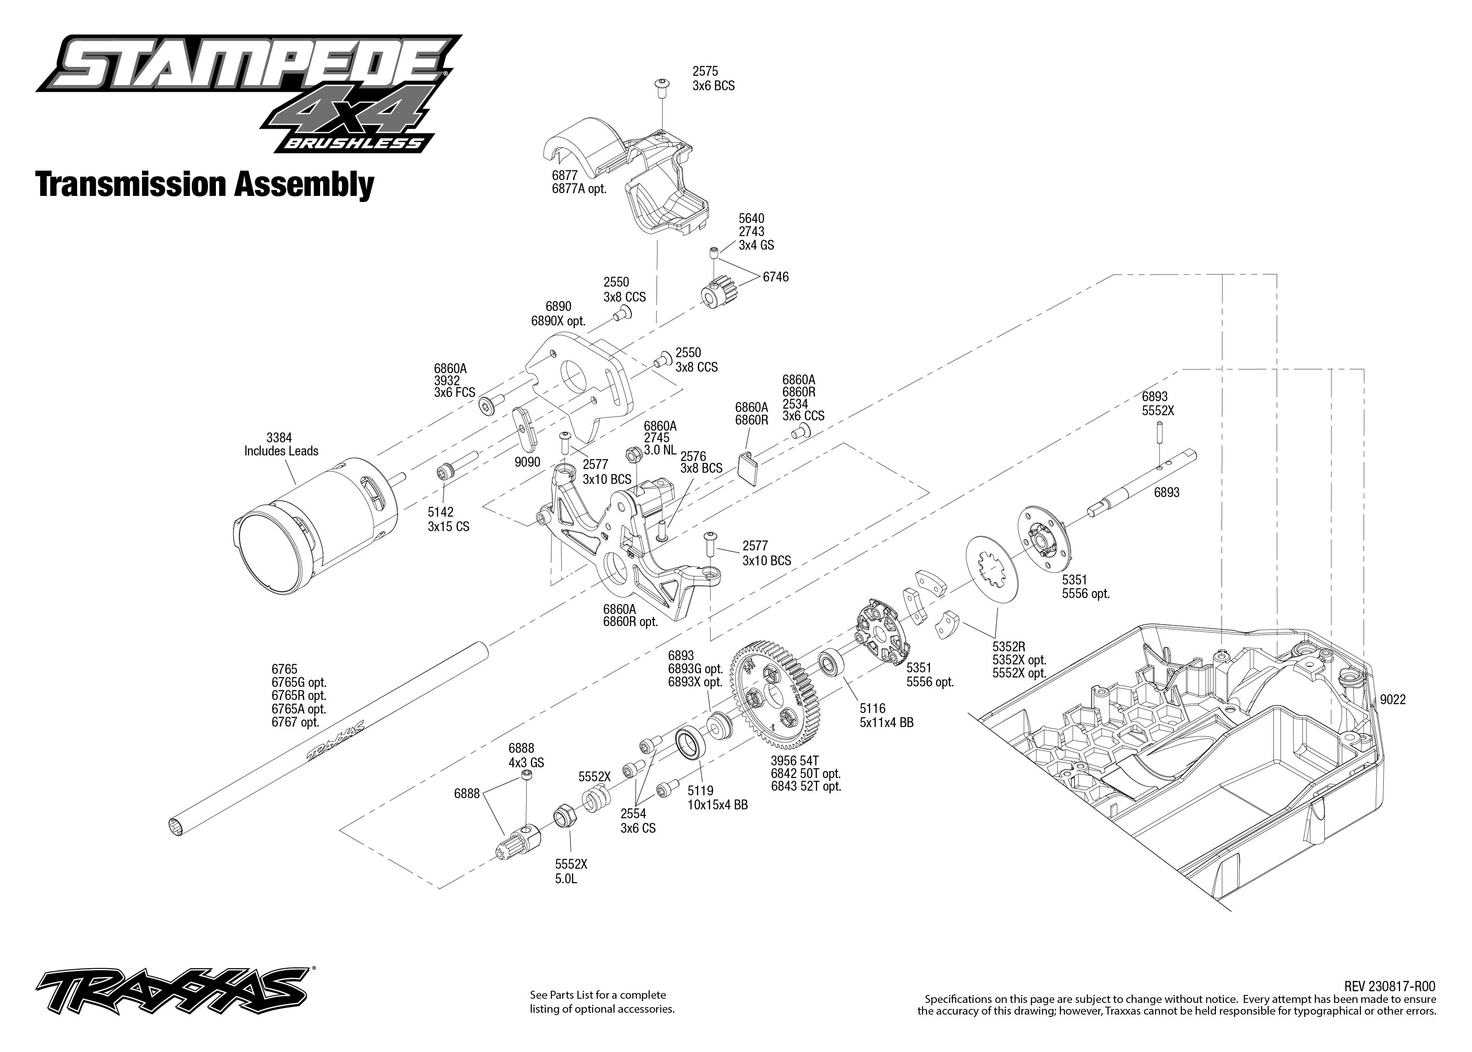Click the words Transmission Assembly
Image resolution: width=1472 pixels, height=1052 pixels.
point(205,185)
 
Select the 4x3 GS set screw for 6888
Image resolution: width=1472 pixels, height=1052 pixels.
point(528,777)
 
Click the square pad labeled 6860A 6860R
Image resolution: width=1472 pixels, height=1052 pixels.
point(750,468)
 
